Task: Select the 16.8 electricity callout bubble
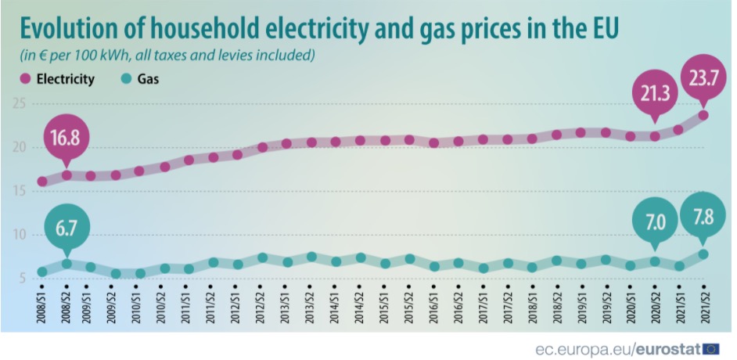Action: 67,139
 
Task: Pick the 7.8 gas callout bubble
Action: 703,219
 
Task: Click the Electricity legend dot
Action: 23,79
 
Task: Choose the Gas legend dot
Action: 127,79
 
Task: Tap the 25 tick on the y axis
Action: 20,104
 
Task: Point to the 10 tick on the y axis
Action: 20,235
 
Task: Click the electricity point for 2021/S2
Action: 703,115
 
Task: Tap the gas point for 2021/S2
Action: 703,254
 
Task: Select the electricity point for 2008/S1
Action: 42,182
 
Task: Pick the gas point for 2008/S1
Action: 42,272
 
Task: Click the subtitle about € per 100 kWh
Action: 167,56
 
